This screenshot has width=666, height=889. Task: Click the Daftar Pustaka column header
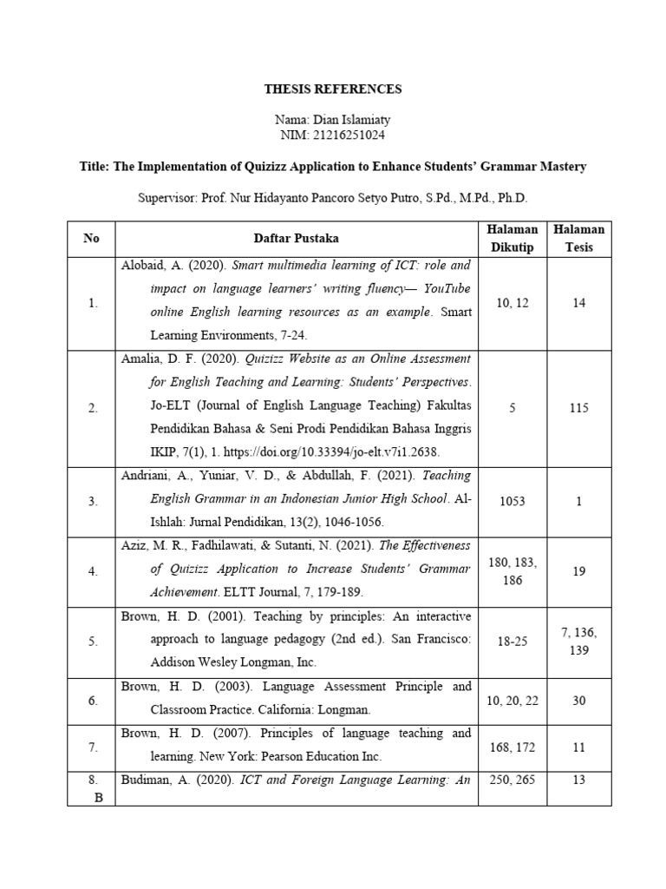(296, 238)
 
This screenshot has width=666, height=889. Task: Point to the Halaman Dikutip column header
(513, 238)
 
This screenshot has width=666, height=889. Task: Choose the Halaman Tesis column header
(579, 238)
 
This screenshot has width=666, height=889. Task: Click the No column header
(92, 238)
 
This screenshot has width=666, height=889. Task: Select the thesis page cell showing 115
(579, 408)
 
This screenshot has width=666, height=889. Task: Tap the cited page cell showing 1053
(513, 501)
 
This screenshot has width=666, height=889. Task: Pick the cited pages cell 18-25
(513, 642)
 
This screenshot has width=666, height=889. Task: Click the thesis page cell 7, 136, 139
(579, 642)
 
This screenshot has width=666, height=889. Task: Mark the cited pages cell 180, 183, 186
(513, 571)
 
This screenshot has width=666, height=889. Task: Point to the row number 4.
(92, 571)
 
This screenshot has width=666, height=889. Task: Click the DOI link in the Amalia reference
(348, 452)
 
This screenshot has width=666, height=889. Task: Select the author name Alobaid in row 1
(144, 265)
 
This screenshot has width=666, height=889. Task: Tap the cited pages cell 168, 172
(513, 746)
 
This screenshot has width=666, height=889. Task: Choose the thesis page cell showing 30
(579, 700)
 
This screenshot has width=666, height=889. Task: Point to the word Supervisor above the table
(167, 198)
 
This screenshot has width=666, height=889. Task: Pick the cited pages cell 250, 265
(513, 780)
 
